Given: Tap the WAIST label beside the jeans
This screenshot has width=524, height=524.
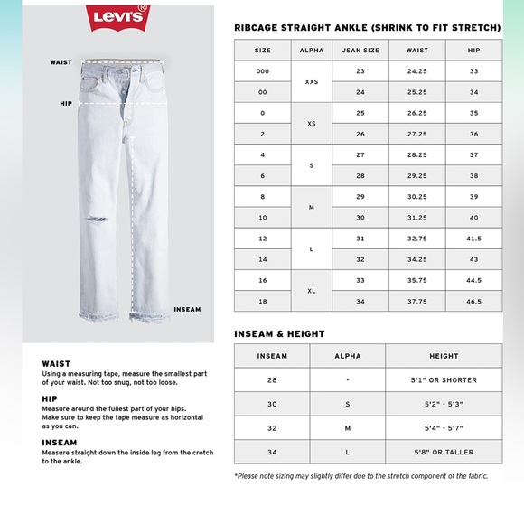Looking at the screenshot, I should (x=61, y=62).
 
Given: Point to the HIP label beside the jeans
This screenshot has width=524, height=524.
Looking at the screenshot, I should (x=66, y=104).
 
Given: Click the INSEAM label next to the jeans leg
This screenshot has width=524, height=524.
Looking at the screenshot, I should (x=186, y=309).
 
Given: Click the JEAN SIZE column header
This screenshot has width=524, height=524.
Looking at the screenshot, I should (x=360, y=51).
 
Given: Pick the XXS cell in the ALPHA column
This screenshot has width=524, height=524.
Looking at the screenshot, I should (x=311, y=81).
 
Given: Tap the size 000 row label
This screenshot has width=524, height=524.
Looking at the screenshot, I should (x=262, y=70).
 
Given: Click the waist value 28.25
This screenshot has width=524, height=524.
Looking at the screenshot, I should (x=416, y=154).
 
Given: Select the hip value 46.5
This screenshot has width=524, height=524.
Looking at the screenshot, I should (x=473, y=302).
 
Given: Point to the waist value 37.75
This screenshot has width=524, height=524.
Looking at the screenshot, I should (x=416, y=302).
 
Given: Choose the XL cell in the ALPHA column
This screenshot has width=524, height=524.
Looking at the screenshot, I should (x=311, y=291).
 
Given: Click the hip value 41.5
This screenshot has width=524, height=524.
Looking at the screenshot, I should (x=473, y=239).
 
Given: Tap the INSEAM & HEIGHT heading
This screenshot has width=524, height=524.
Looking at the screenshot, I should (x=279, y=333).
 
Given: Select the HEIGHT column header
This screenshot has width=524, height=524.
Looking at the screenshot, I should (x=444, y=356).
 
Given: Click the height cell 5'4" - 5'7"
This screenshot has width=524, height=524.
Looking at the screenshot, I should (x=444, y=428).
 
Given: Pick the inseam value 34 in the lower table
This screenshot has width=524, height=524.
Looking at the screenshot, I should (x=272, y=452).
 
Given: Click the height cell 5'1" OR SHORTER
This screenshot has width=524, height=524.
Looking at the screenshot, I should (x=444, y=380).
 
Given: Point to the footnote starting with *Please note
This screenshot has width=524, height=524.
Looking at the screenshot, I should (x=360, y=476).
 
